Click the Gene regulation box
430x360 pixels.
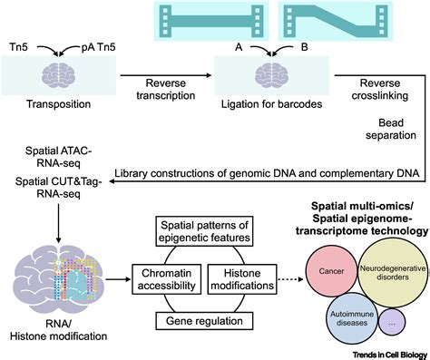206,322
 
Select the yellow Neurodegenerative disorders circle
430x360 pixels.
385,257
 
